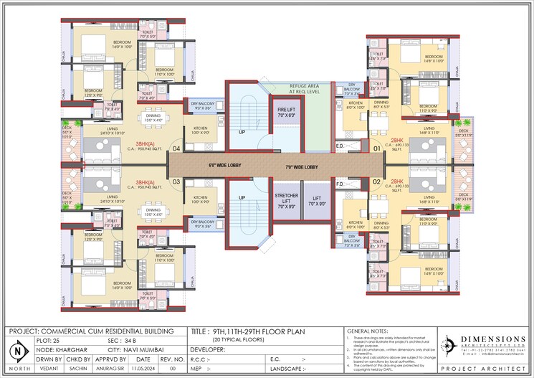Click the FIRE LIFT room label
pos(286,111)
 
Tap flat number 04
pos(176,148)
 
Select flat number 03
pos(176,181)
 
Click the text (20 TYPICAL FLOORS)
pos(237,340)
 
